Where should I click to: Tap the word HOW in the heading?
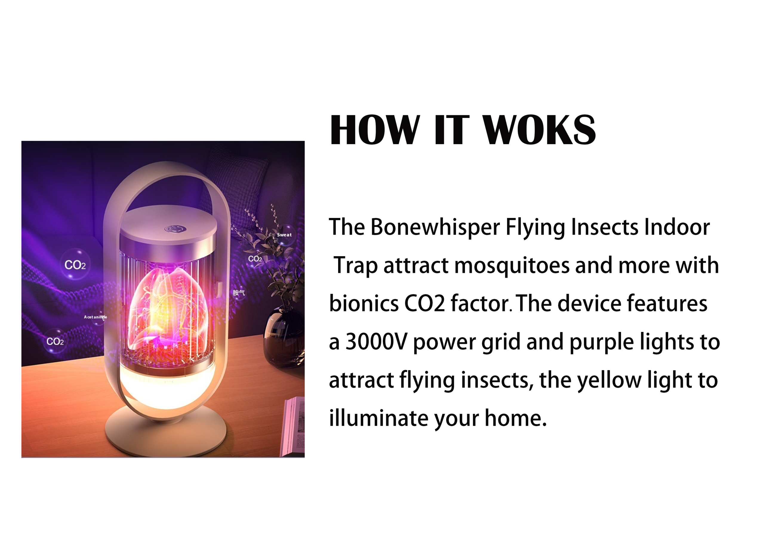click(375, 130)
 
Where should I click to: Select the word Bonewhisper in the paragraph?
click(435, 227)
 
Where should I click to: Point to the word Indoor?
click(677, 227)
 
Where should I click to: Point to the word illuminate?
click(378, 418)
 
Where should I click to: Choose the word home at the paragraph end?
click(513, 418)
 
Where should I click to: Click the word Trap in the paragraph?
click(356, 266)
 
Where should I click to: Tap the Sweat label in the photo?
click(284, 235)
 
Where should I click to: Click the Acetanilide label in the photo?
click(95, 317)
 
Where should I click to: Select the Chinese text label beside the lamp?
click(239, 293)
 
